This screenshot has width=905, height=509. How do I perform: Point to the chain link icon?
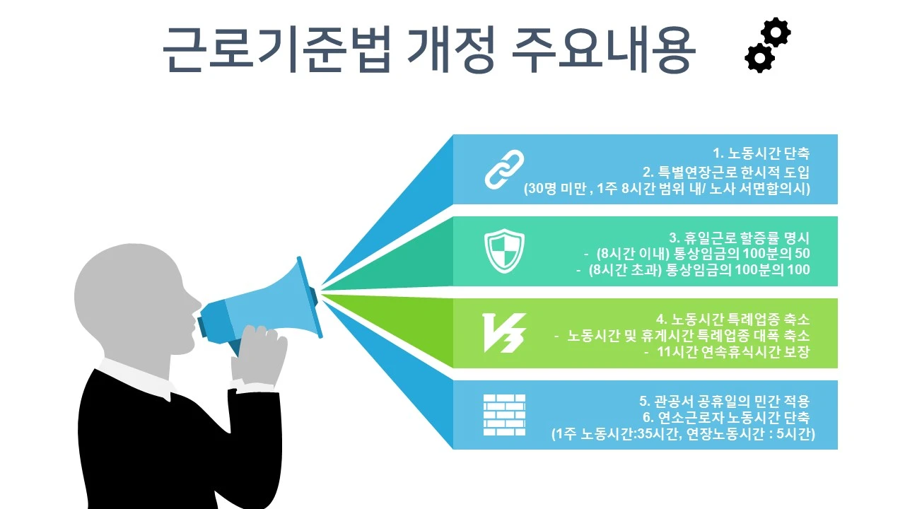(503, 170)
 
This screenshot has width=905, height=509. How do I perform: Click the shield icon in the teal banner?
(503, 252)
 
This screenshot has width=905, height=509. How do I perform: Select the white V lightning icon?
(503, 333)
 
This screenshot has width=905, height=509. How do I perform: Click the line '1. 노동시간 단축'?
(761, 153)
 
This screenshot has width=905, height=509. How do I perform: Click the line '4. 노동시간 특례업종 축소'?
(733, 320)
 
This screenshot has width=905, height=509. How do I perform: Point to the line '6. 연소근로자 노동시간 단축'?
(725, 418)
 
